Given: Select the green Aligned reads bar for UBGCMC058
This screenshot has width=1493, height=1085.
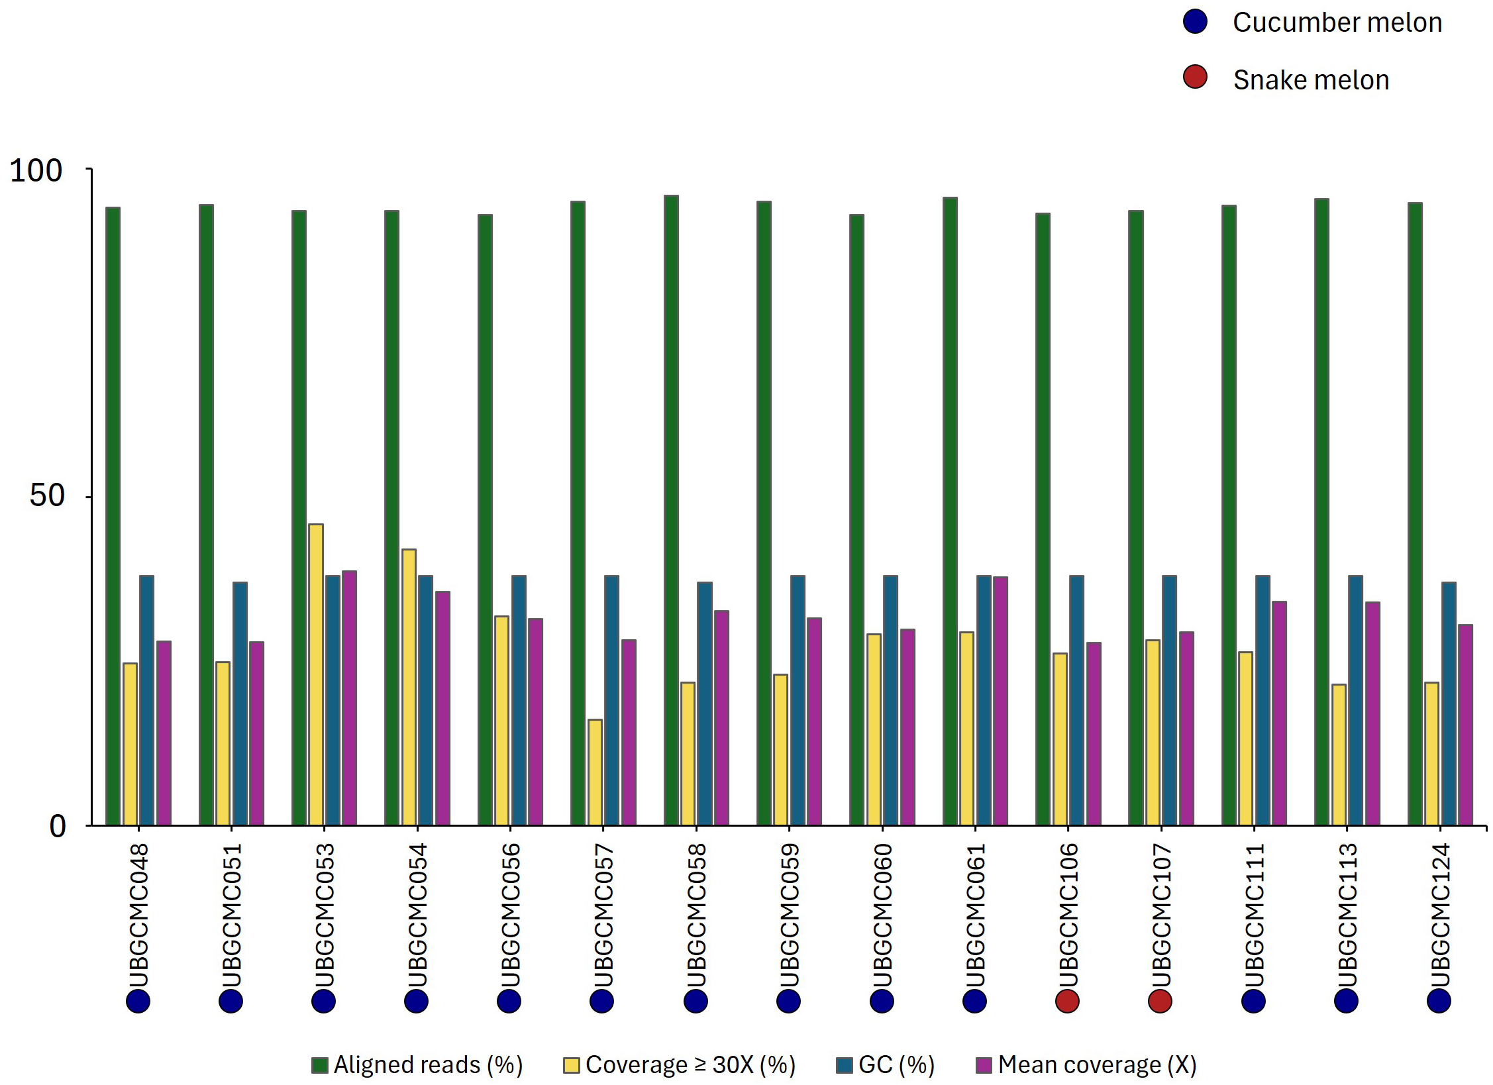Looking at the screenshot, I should pyautogui.click(x=671, y=510).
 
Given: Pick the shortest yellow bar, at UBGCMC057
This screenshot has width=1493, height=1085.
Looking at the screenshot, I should pyautogui.click(x=595, y=772).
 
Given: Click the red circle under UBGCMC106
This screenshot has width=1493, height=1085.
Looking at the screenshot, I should pyautogui.click(x=1067, y=1001).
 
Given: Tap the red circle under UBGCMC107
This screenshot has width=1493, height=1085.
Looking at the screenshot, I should pyautogui.click(x=1160, y=1001).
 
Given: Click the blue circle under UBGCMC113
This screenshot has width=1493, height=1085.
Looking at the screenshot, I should pyautogui.click(x=1346, y=1001).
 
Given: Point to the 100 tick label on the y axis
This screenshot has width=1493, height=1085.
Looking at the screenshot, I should pyautogui.click(x=36, y=170).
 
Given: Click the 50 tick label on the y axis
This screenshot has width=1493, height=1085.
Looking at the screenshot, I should pyautogui.click(x=46, y=495).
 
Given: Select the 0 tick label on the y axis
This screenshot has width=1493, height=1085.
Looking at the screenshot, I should pyautogui.click(x=58, y=826).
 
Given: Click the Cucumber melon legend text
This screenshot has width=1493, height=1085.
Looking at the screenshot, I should pyautogui.click(x=1337, y=23).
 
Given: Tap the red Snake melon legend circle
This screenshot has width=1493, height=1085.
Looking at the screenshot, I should pyautogui.click(x=1195, y=77).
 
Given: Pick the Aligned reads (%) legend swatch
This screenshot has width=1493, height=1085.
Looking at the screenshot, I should pyautogui.click(x=320, y=1065).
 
